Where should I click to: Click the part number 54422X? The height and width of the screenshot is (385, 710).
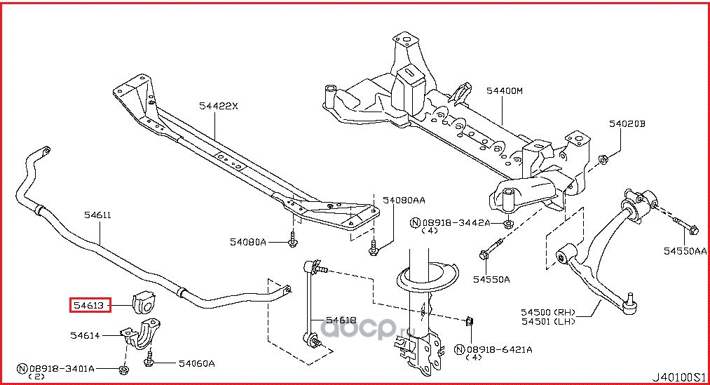[x=218, y=106]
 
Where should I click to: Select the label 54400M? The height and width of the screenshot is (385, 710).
[x=505, y=90]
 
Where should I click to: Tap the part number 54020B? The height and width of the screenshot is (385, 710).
[x=626, y=124]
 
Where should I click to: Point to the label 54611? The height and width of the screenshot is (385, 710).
[x=97, y=215]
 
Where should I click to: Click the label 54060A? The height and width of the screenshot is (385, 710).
[x=196, y=363]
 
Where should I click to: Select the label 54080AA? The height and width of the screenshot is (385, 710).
[x=403, y=200]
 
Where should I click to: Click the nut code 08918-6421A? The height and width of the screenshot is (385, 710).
[x=500, y=349]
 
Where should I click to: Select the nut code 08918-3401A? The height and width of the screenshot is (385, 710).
[x=63, y=367]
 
